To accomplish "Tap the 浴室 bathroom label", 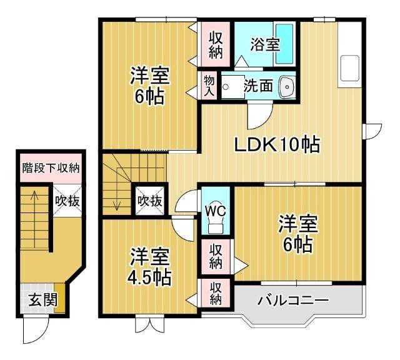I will [x=265, y=44].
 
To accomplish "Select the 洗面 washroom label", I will [x=258, y=86].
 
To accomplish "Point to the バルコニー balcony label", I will [x=293, y=301].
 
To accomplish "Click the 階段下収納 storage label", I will [x=51, y=167].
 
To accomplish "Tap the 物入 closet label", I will [x=209, y=86].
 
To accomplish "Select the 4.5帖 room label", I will [x=150, y=266].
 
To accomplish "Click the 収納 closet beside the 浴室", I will [x=216, y=44].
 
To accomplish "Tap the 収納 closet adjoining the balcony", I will [x=216, y=293].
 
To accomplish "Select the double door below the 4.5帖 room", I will [x=150, y=324].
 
